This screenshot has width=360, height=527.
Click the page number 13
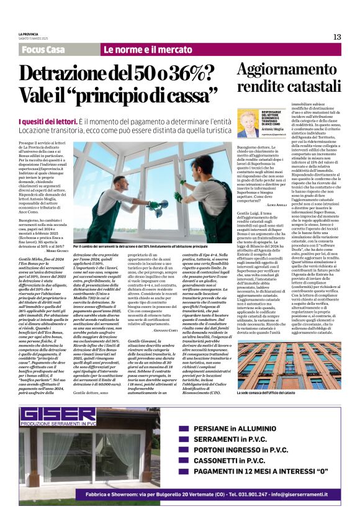[337, 37]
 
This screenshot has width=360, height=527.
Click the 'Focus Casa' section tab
[43, 50]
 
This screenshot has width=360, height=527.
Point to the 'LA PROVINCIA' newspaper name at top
[29, 34]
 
